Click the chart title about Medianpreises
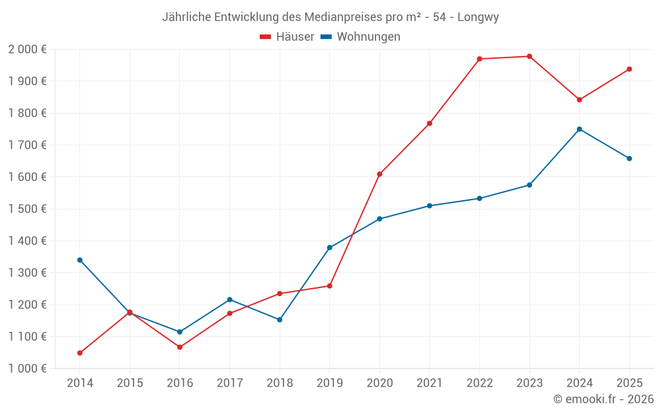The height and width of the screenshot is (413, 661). pyautogui.click(x=330, y=17)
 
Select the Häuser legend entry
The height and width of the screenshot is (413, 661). pyautogui.click(x=287, y=37)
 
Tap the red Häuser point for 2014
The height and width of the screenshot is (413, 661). pyautogui.click(x=80, y=353)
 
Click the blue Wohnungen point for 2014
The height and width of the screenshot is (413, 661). pyautogui.click(x=80, y=260)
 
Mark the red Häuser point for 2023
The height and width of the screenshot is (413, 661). pyautogui.click(x=529, y=56)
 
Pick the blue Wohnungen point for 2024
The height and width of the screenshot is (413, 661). pyautogui.click(x=579, y=129)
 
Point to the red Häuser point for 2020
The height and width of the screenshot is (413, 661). pyautogui.click(x=379, y=174)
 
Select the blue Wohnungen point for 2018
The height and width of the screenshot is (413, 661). pyautogui.click(x=280, y=320)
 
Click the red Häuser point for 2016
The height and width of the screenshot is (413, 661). pyautogui.click(x=180, y=347)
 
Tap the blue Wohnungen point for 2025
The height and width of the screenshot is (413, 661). pyautogui.click(x=629, y=159)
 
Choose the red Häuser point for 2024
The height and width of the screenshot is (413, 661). pyautogui.click(x=579, y=100)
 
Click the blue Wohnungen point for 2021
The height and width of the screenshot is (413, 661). pyautogui.click(x=430, y=206)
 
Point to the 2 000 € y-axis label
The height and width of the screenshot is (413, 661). pyautogui.click(x=27, y=50)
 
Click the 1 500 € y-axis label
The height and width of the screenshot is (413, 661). pyautogui.click(x=27, y=209)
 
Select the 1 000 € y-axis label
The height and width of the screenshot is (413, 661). pyautogui.click(x=27, y=369)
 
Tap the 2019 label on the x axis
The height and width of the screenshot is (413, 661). pyautogui.click(x=329, y=383)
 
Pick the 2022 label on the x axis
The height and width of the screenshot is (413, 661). pyautogui.click(x=479, y=383)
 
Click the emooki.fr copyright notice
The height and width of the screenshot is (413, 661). pyautogui.click(x=603, y=399)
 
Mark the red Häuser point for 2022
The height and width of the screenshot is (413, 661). pyautogui.click(x=479, y=59)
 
